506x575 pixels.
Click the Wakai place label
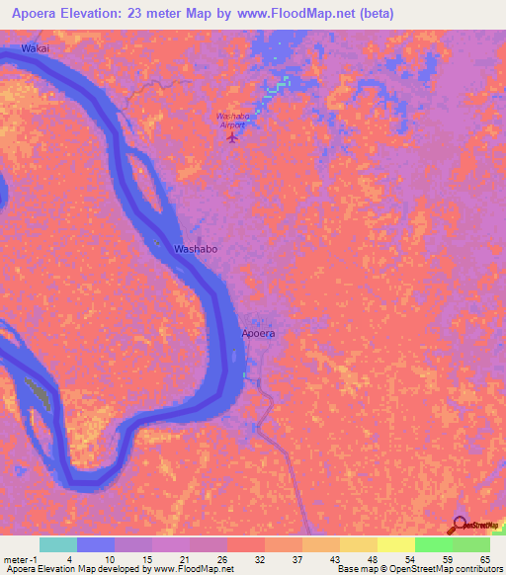tap(33, 47)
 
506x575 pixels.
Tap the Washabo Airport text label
tap(235, 120)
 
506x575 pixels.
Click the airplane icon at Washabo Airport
tap(233, 136)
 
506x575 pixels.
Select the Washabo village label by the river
tap(196, 250)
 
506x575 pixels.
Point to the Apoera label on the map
tap(258, 334)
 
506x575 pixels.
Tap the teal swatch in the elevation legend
tap(58, 544)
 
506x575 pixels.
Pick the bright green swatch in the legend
tap(433, 544)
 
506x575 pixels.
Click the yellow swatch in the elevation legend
tap(395, 544)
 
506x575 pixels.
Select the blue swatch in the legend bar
tap(96, 544)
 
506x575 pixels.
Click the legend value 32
tap(260, 558)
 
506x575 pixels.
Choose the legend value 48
tap(373, 558)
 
